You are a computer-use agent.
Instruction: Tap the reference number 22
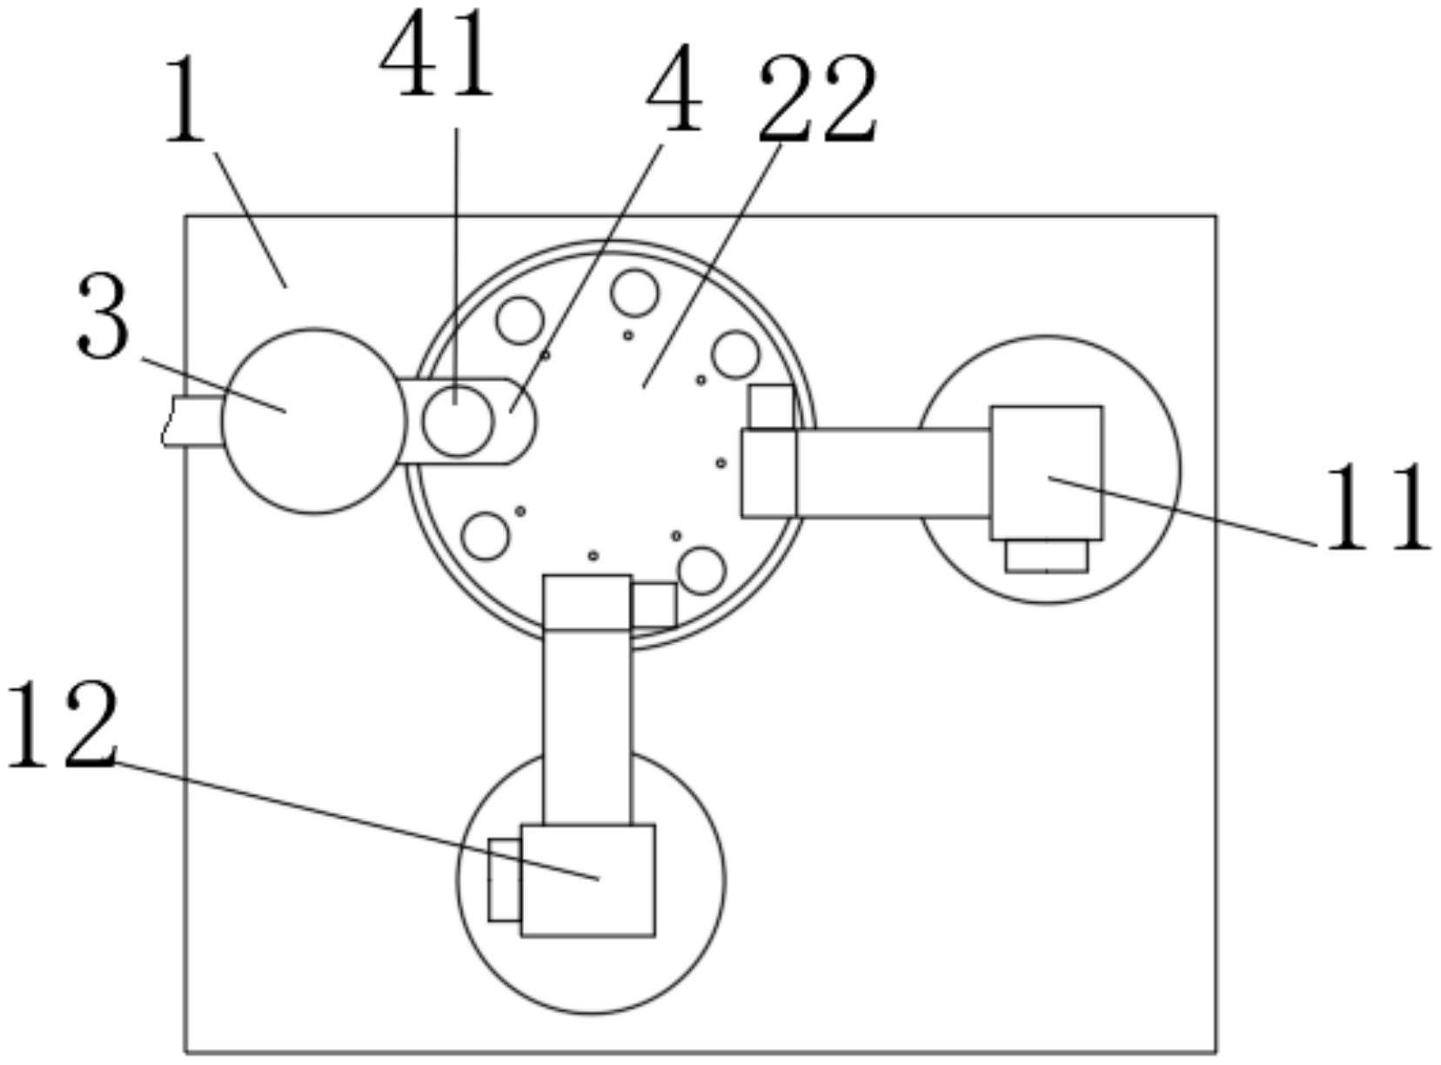tap(817, 100)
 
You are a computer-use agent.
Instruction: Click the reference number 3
tap(103, 317)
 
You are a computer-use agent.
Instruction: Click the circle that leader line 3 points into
tap(314, 421)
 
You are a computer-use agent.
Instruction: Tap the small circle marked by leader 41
tap(457, 420)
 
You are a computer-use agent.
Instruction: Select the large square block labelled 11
tap(1046, 472)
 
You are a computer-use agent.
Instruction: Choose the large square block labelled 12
tap(587, 880)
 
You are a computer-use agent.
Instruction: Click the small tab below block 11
tap(1046, 556)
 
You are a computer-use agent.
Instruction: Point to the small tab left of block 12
tap(504, 880)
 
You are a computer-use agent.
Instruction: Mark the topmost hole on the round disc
tap(633, 292)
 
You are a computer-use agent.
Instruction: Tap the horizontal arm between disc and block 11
tap(892, 472)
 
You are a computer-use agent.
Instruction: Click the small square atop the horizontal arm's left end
tap(771, 406)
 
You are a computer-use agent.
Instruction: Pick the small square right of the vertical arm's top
tap(653, 605)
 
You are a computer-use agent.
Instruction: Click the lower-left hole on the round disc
tap(485, 535)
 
